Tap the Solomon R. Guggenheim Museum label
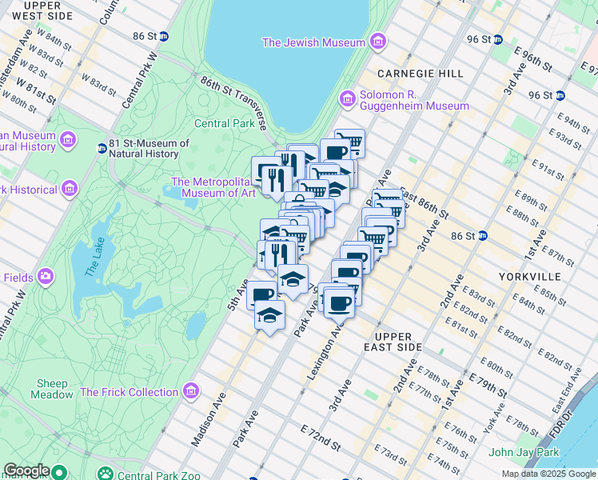[x=414, y=106]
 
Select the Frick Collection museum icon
[x=190, y=391]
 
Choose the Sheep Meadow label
[x=50, y=389]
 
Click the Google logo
[x=26, y=470]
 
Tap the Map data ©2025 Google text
[x=548, y=474]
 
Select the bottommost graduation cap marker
[x=270, y=315]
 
